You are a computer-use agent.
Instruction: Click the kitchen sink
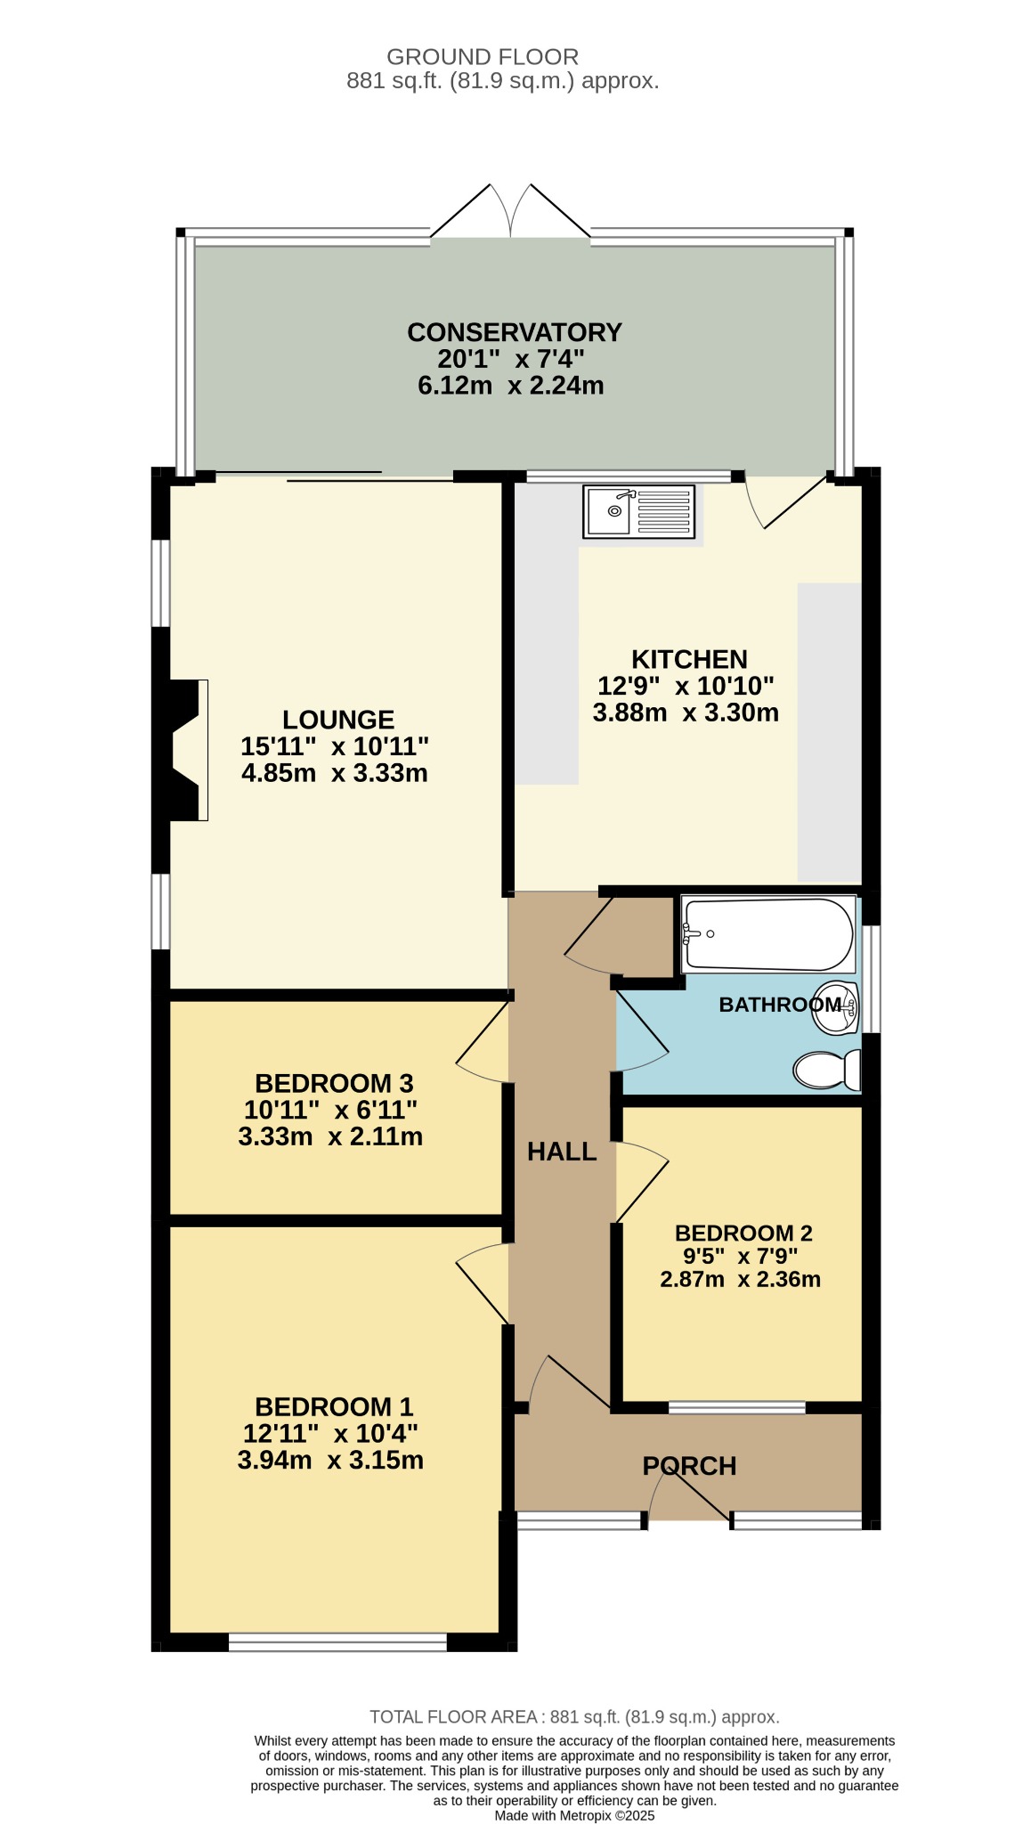pos(638,511)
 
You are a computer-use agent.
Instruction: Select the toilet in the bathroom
pos(827,1070)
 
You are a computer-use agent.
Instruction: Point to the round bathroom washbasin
pos(835,1008)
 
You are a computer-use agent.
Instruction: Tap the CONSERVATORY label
pos(515,332)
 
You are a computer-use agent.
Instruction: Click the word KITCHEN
pos(689,659)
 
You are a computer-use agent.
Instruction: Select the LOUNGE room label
pos(338,720)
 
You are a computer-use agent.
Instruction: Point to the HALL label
pos(562,1152)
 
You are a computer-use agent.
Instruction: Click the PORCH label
pos(689,1466)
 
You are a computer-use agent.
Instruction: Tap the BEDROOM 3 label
pos(334,1083)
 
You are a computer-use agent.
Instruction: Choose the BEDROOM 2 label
pos(743,1233)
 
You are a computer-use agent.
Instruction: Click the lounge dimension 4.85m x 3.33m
pos(335,773)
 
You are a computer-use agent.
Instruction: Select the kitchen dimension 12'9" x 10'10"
pos(686,686)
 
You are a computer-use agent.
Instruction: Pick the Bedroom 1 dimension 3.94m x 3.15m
pos(330,1460)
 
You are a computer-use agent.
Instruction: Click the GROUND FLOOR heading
pos(483,57)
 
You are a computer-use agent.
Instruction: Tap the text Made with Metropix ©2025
pos(574,1815)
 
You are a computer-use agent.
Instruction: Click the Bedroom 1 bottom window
pos(337,1641)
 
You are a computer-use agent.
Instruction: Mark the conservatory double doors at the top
pos(511,212)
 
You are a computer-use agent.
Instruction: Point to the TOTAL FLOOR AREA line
pos(574,1716)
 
